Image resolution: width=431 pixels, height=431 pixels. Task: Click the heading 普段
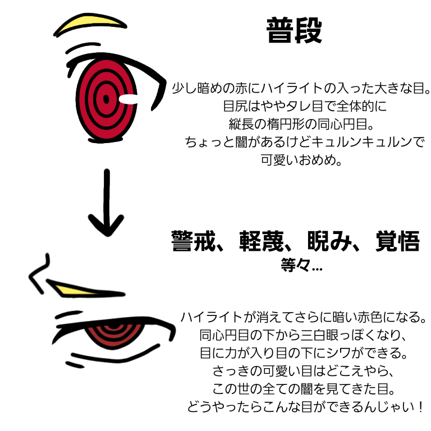click(294, 31)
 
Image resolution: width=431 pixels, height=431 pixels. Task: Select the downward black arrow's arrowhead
click(107, 225)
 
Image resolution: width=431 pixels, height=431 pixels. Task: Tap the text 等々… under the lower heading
click(301, 265)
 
